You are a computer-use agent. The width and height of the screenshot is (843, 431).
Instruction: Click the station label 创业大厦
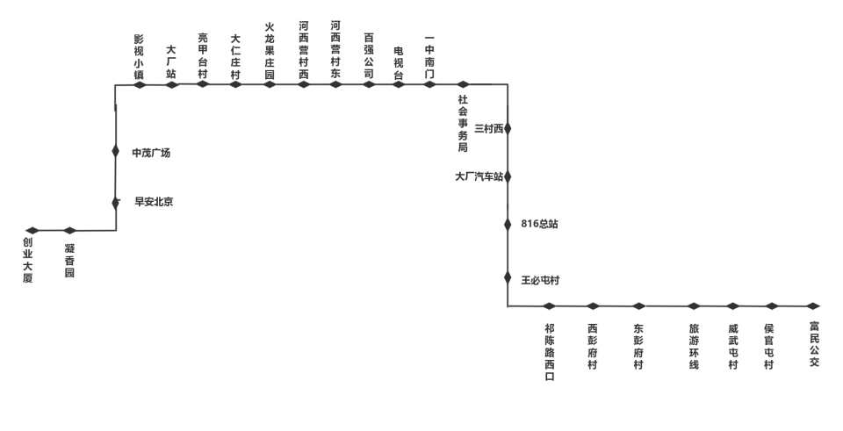(x=28, y=260)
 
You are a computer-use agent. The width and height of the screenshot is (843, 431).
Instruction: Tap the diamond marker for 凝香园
(x=70, y=231)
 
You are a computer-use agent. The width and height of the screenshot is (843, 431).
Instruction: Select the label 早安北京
(x=154, y=202)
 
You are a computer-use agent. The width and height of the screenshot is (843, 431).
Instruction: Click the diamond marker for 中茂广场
(x=116, y=151)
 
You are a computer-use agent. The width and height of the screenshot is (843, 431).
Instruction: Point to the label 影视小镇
(x=140, y=57)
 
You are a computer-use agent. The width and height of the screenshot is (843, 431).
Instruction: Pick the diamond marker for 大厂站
(x=172, y=84)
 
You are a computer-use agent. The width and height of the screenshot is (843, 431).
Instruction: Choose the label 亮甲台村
(x=203, y=56)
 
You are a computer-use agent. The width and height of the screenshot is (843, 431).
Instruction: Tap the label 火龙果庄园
(x=270, y=51)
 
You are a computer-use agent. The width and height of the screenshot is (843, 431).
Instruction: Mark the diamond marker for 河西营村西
(x=304, y=84)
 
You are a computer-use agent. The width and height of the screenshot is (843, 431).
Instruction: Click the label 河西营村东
(x=335, y=50)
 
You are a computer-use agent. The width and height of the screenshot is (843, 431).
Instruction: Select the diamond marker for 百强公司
(x=369, y=84)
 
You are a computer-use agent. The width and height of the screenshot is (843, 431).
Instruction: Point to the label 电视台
(x=399, y=63)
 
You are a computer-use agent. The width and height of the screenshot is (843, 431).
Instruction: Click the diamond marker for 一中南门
(x=429, y=84)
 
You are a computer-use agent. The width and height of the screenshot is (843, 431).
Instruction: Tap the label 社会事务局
(x=463, y=123)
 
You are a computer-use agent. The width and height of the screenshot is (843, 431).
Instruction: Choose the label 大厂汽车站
(x=479, y=176)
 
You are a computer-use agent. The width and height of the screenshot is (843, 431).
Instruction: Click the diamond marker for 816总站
(x=508, y=224)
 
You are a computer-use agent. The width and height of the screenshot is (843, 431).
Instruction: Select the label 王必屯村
(x=540, y=280)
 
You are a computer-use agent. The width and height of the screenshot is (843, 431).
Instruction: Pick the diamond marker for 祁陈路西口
(x=549, y=306)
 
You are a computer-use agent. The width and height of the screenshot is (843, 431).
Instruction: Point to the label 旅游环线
(x=694, y=346)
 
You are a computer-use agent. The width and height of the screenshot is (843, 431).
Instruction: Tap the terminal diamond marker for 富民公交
(x=813, y=306)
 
